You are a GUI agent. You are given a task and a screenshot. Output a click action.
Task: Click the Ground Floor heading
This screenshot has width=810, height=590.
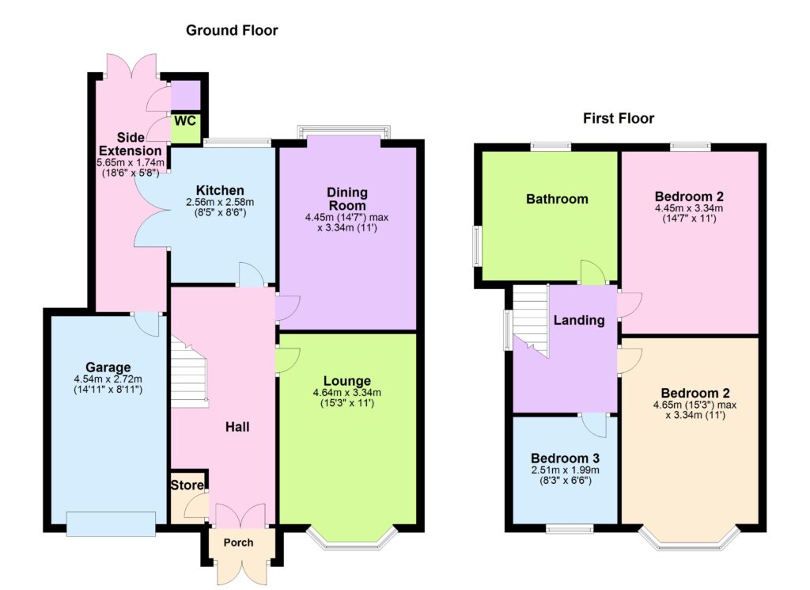232,31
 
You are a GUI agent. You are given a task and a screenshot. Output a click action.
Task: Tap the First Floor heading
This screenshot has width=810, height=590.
619,119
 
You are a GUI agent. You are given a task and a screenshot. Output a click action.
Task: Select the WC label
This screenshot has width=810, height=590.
185,121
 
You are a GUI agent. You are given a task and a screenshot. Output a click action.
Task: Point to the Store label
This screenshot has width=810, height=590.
187,485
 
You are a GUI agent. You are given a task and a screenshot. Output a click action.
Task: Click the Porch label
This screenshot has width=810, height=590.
239,542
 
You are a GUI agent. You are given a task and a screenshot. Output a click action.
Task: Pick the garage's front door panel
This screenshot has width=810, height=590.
111,523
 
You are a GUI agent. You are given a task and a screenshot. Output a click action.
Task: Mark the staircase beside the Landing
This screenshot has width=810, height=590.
531,321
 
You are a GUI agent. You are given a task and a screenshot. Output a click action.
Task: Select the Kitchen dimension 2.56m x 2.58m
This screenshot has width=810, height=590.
220,202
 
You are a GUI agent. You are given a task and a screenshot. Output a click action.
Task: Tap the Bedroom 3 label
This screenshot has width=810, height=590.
565,459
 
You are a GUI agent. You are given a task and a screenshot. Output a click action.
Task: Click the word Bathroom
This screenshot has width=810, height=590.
557,199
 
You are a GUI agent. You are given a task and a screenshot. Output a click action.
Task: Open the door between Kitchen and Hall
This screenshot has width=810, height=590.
252,275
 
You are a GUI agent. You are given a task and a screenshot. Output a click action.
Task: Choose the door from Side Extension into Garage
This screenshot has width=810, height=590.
147,324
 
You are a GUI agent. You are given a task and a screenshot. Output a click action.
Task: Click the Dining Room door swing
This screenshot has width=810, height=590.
287,308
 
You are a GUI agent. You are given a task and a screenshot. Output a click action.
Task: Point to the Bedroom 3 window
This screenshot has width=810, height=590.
570,528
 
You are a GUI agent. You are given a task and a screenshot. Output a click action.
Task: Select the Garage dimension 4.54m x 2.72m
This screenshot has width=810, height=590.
108,379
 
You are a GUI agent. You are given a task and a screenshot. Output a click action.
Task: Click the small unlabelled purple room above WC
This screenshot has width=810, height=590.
185,96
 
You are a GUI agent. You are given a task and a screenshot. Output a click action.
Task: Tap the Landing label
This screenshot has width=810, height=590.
579,321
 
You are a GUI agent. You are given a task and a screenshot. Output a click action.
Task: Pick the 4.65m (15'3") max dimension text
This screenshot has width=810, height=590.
695,405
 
